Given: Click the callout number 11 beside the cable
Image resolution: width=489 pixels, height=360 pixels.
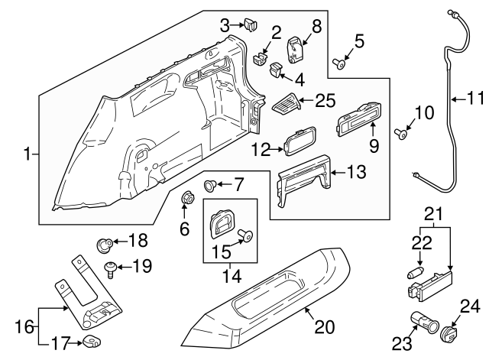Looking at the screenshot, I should (x=476, y=97).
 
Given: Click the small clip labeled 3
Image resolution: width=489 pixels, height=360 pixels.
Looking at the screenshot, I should (x=251, y=27).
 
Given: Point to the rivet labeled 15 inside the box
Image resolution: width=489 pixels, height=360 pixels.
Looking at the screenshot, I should (x=244, y=236).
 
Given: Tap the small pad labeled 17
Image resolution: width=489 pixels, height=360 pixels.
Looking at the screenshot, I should (x=92, y=342).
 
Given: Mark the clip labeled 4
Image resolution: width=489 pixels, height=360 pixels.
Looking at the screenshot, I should (x=277, y=71).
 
